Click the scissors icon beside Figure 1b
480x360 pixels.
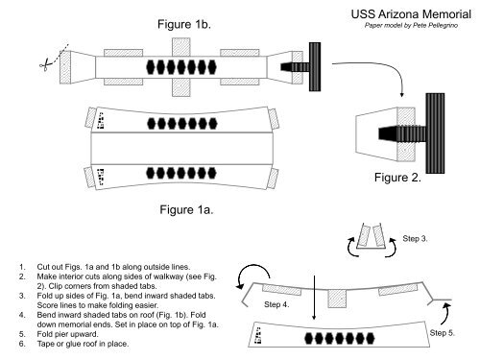tap(45, 64)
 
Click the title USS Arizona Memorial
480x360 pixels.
tap(411, 14)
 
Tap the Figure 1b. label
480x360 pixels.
tap(184, 24)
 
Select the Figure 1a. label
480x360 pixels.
tap(186, 209)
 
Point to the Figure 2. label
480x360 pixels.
tap(397, 178)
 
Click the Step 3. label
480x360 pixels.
tap(415, 238)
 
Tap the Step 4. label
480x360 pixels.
tap(276, 304)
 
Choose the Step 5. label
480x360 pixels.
tap(442, 333)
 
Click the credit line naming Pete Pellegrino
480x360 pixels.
tap(411, 25)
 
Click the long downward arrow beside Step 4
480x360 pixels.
tap(314, 298)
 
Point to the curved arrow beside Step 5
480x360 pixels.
tap(445, 315)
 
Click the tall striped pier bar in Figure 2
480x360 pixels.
tap(435, 133)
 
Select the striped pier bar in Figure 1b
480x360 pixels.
tap(315, 66)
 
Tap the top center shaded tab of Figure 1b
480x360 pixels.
tap(181, 47)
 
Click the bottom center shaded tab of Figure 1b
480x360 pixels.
tap(181, 87)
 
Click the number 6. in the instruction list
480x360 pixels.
tap(22, 344)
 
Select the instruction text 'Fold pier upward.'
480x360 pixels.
tap(67, 334)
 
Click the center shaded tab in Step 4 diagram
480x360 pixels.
tap(338, 299)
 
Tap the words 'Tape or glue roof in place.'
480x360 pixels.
tap(83, 344)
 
